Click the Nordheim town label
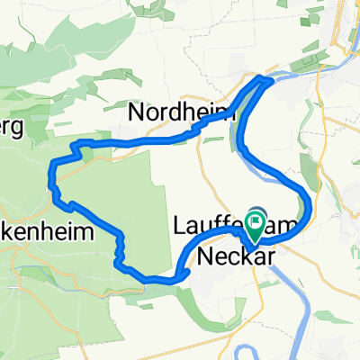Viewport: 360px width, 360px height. pyautogui.click(x=183, y=112)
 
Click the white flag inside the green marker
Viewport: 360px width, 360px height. pyautogui.click(x=258, y=217)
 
